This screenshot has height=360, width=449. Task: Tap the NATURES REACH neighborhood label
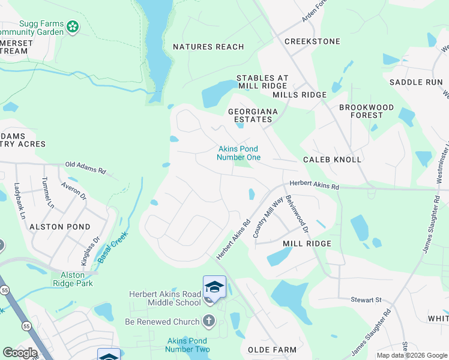pos(208,47)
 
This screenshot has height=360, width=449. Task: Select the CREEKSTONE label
pos(312,41)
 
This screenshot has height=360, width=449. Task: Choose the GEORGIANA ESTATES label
pos(250,115)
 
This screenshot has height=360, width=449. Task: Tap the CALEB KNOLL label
pos(332,160)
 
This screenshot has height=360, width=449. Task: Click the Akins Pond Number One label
pos(239,153)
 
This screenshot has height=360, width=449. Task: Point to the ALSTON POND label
pos(59,227)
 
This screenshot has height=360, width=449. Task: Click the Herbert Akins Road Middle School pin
pos(214,286)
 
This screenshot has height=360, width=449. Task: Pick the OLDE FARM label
pos(272,349)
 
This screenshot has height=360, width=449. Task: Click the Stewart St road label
pos(366,299)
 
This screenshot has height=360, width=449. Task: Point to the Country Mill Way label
pos(268,219)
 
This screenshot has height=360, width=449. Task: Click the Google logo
pos(20,353)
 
